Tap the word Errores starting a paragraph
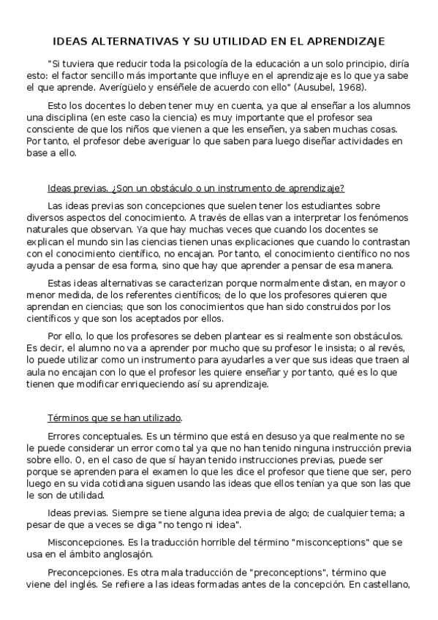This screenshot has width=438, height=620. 66,436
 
